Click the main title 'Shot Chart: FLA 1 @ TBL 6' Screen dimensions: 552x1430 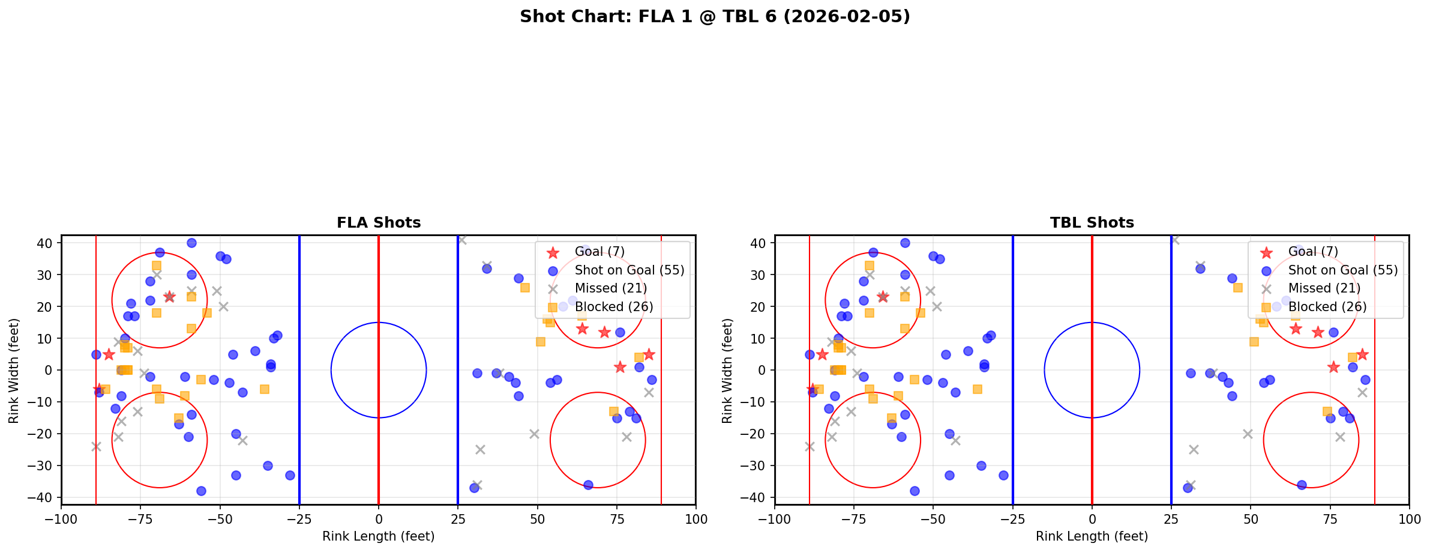tap(715, 17)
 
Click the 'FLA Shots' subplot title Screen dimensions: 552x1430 tap(379, 223)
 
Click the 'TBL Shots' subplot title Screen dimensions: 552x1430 tap(1092, 223)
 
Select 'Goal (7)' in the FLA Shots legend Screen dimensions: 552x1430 tap(600, 252)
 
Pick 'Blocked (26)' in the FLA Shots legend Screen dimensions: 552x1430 tap(613, 307)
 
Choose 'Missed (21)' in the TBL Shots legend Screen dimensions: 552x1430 tap(1324, 288)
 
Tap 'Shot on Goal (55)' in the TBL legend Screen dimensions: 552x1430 tap(1342, 270)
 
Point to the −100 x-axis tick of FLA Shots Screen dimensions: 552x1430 tap(61, 519)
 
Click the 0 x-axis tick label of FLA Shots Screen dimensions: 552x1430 tap(379, 519)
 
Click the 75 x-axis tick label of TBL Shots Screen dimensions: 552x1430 tap(1330, 519)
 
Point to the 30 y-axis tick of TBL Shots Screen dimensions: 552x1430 tap(760, 275)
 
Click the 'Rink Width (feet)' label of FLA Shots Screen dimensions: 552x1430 tap(14, 371)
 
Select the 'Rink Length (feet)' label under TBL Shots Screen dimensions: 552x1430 tap(1092, 536)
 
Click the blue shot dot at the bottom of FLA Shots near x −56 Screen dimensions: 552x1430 tap(201, 491)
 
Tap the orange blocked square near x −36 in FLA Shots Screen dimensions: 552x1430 tap(265, 389)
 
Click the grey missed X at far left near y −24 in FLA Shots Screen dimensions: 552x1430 tap(96, 446)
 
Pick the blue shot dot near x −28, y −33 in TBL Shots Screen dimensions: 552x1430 tap(1003, 475)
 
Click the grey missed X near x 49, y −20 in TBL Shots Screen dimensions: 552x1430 tap(1248, 434)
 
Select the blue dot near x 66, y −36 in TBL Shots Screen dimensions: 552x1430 tap(1302, 485)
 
